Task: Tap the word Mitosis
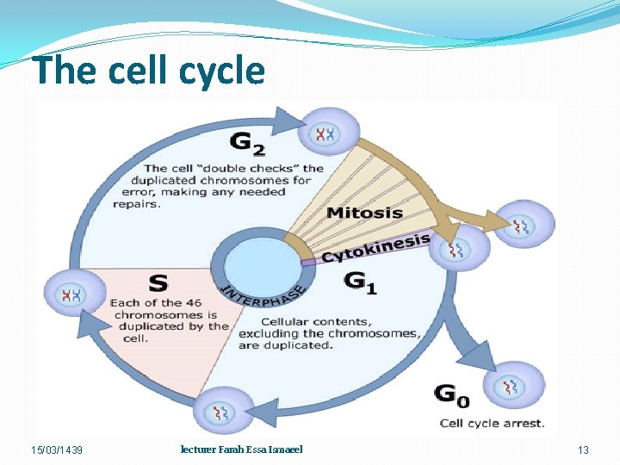(x=364, y=213)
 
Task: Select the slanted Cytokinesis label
(x=375, y=248)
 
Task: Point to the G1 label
(x=360, y=282)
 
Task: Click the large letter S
(x=157, y=282)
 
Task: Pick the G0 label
(x=452, y=396)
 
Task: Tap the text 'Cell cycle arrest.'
(x=492, y=423)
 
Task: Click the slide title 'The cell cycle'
(x=149, y=71)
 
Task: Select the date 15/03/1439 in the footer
(x=58, y=450)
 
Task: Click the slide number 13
(x=583, y=450)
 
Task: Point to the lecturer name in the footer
(x=241, y=449)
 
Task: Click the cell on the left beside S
(x=71, y=295)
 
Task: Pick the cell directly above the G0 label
(x=514, y=387)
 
